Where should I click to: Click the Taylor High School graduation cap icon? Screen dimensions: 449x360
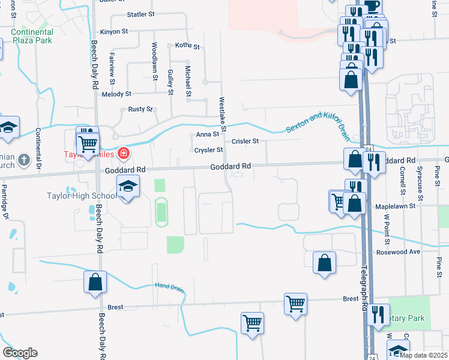[x=128, y=187]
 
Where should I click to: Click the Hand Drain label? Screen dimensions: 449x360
[x=169, y=286]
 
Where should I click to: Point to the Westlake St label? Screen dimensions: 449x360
[x=223, y=115]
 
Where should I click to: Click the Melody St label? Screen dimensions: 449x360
[x=116, y=94]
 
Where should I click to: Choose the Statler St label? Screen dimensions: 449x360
[x=141, y=13]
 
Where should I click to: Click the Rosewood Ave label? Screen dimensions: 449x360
[x=398, y=252]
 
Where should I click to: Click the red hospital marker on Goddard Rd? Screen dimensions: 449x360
[x=124, y=154]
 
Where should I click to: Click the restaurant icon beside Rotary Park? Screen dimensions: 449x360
[x=378, y=314]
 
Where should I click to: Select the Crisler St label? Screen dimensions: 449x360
[x=245, y=142]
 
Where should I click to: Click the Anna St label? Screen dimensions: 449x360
[x=208, y=134]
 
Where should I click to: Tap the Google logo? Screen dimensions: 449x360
[x=19, y=353]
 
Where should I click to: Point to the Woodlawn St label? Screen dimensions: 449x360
[x=154, y=58]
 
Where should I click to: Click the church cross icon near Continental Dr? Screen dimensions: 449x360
[x=23, y=160]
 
